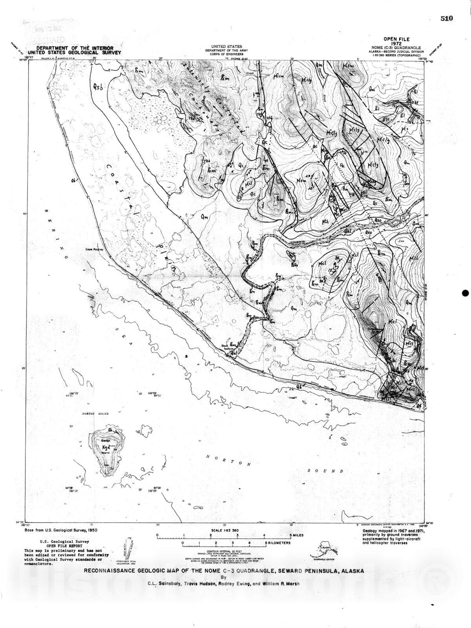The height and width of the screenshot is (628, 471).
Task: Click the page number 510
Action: point(447,18)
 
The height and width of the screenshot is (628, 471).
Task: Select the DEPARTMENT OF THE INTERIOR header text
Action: point(75,48)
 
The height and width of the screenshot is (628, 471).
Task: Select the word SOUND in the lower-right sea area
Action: point(325,471)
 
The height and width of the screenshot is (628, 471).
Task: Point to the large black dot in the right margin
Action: point(464,293)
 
